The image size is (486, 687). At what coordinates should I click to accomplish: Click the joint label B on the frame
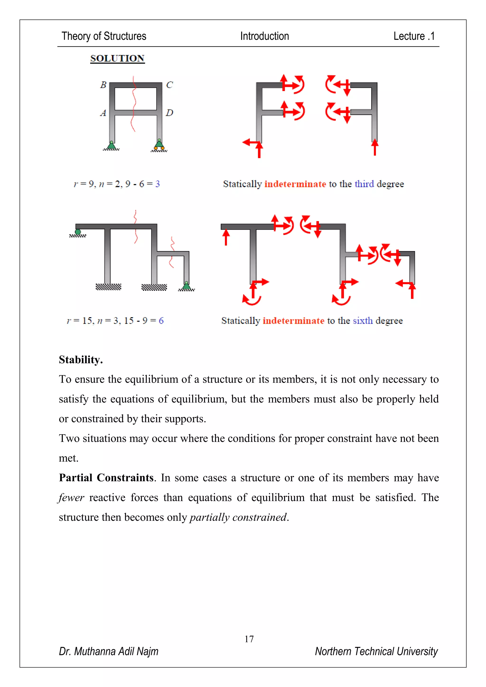(x=103, y=85)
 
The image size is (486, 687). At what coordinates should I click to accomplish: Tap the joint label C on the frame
(x=169, y=85)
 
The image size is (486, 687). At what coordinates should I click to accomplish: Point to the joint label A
(x=103, y=113)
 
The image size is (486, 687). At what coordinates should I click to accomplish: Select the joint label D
(x=169, y=113)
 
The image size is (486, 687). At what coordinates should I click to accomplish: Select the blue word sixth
(x=363, y=320)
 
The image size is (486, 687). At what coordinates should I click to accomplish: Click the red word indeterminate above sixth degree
(x=293, y=320)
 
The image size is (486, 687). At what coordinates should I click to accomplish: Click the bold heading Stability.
(x=81, y=360)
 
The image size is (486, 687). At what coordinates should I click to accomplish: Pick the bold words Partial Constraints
(x=106, y=478)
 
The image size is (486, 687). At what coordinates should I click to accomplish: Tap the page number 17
(x=249, y=639)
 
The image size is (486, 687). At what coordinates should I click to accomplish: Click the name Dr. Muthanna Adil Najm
(x=109, y=651)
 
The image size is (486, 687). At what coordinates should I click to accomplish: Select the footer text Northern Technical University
(x=376, y=651)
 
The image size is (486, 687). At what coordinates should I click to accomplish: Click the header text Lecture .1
(x=414, y=36)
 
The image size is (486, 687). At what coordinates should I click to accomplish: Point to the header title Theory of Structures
(x=104, y=36)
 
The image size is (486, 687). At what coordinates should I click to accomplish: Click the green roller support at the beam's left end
(x=78, y=232)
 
